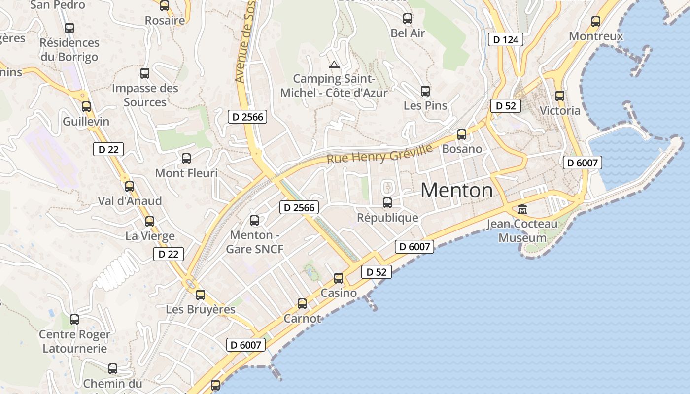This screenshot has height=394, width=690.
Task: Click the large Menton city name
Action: point(456,191)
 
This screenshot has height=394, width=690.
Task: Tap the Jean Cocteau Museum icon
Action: point(522,209)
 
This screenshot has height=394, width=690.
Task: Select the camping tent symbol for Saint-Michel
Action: point(334,65)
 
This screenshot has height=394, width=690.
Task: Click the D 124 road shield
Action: point(505,39)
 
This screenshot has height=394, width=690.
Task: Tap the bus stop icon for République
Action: point(387,202)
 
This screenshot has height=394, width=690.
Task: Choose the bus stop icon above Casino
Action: point(339,278)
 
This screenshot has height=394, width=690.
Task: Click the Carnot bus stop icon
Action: point(302,304)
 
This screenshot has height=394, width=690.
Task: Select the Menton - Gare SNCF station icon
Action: point(254,220)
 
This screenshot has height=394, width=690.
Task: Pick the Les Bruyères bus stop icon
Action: point(201,295)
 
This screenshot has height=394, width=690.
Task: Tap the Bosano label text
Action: point(462,149)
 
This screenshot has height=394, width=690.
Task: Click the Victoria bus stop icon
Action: point(560,96)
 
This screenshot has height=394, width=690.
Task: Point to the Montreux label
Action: point(596,36)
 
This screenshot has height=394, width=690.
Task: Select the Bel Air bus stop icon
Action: point(408,19)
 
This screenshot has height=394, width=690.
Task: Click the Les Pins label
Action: point(425,105)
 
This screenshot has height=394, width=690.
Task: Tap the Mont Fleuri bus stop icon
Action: point(186,159)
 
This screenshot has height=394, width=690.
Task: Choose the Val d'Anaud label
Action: point(130,201)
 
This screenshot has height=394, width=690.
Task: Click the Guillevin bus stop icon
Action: point(86,106)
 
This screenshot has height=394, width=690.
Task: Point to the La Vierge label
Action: point(150,236)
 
